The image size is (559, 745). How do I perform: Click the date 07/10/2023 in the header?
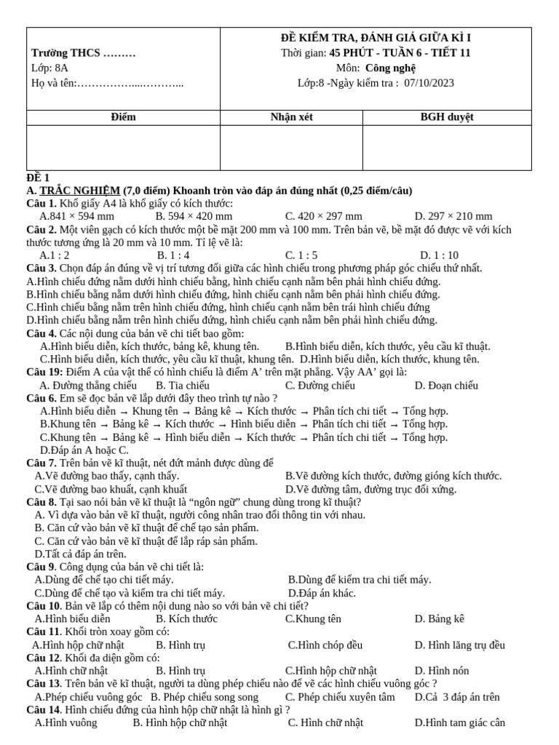(429, 83)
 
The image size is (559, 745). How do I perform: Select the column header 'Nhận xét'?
(291, 116)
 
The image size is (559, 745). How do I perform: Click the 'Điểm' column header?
(124, 116)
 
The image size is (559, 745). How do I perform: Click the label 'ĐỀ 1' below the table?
(38, 178)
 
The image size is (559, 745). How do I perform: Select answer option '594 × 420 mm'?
(194, 216)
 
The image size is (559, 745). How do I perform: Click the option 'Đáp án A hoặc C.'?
(84, 450)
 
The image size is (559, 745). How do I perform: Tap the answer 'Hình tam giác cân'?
(459, 723)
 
